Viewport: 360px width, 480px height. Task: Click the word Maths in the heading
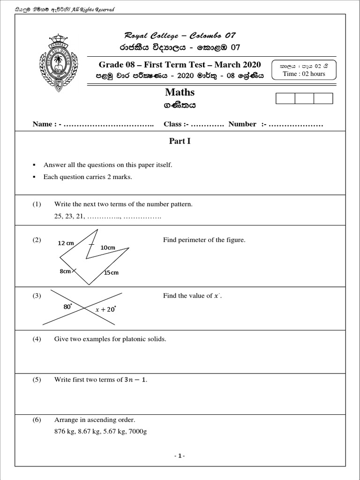(x=180, y=92)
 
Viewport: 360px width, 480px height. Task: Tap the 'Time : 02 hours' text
(x=304, y=74)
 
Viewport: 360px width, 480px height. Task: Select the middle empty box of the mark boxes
(x=304, y=98)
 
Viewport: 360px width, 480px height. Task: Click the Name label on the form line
(x=42, y=124)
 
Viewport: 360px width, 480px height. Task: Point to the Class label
(x=173, y=124)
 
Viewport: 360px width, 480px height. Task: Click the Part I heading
(x=180, y=141)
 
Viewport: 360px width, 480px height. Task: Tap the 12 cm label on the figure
(x=66, y=243)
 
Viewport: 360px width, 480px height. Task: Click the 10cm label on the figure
(x=108, y=247)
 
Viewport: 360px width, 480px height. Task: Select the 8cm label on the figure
(x=65, y=271)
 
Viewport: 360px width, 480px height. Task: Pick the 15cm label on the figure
(x=111, y=272)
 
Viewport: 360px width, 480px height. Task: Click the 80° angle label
(x=67, y=307)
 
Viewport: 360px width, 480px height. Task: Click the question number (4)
(x=37, y=339)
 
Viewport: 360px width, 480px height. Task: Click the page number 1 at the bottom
(x=180, y=456)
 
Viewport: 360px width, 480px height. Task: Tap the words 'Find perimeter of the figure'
(x=204, y=240)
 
